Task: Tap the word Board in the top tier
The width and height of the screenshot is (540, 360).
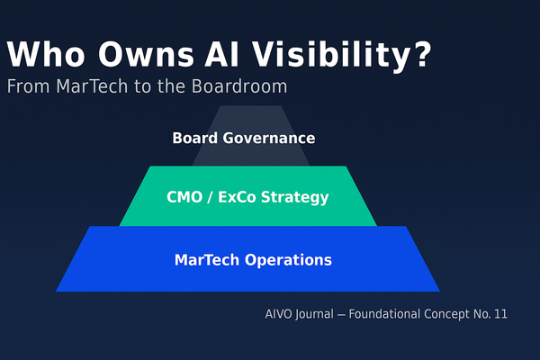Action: [194, 139]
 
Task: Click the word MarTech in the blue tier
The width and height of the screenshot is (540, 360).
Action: [205, 260]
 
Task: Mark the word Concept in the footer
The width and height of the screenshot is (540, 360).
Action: [450, 315]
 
